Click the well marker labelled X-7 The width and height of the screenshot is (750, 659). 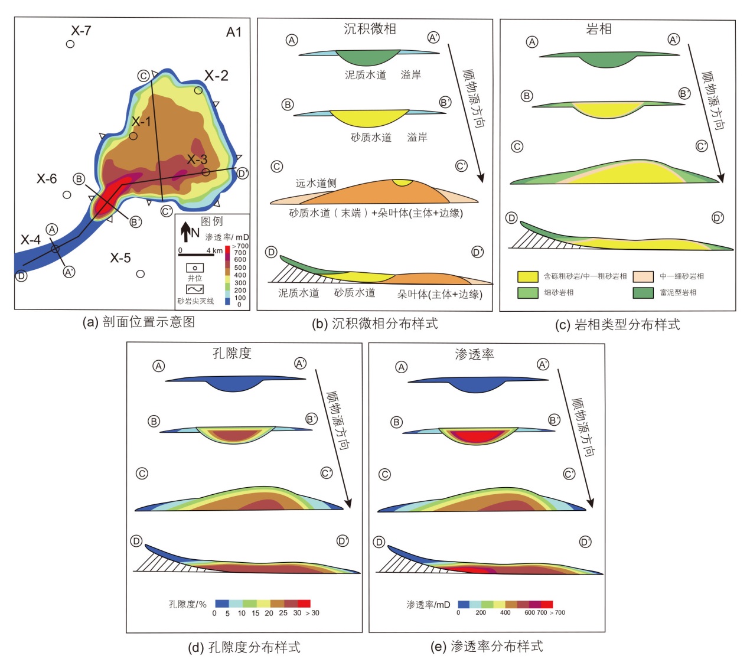70,44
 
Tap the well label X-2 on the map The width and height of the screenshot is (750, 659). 216,76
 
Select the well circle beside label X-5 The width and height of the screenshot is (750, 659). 141,273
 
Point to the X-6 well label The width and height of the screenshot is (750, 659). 47,178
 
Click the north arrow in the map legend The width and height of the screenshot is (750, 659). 186,232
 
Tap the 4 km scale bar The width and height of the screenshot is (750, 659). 196,255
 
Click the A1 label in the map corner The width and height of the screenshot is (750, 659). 234,32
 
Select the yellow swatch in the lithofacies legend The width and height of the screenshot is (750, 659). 527,276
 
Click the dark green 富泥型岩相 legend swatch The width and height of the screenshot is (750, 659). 643,292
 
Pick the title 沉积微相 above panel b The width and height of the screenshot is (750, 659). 370,29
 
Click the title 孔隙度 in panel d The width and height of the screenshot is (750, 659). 232,353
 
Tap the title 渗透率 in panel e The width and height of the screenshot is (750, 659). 474,354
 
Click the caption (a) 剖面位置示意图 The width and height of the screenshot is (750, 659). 139,322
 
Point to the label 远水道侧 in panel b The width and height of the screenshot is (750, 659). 316,183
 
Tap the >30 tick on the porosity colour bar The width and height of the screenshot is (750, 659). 312,613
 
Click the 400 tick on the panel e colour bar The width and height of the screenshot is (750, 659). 505,612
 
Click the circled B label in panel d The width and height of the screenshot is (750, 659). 154,421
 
